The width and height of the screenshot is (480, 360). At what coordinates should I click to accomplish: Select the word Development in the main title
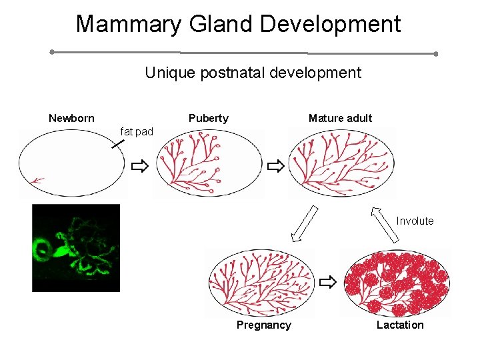point(331,25)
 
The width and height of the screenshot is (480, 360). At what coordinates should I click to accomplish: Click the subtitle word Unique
point(167,73)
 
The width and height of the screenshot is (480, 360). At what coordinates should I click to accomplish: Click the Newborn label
point(71,119)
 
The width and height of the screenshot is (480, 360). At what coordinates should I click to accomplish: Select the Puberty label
point(208,119)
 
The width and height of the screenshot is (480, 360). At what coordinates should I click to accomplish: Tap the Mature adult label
point(340,119)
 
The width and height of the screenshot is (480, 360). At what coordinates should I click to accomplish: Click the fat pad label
point(136,132)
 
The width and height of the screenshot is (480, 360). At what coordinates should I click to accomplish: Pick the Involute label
point(415,221)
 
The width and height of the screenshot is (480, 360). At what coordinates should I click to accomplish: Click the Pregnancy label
point(263,325)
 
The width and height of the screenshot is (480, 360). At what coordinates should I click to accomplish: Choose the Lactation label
point(399,325)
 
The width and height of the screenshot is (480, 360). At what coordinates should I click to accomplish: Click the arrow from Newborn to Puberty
point(139,166)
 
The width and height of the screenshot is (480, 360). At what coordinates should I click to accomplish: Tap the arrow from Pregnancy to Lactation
point(327,283)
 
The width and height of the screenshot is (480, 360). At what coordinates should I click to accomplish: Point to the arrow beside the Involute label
point(385,223)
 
